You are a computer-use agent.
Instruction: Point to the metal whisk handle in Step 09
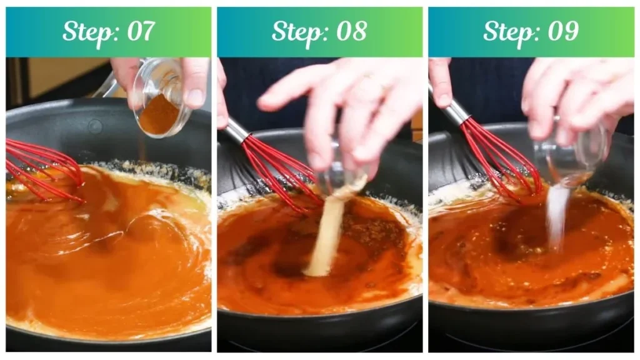coord(456,111)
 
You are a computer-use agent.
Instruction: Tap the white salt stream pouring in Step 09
coord(556,216)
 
